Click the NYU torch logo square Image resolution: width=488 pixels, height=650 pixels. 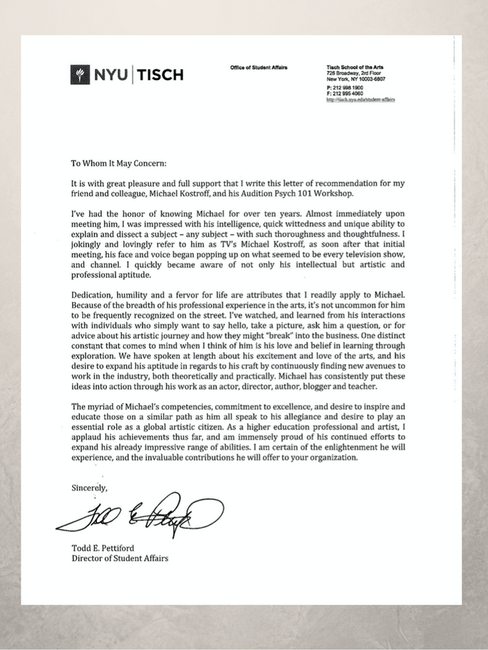pyautogui.click(x=79, y=74)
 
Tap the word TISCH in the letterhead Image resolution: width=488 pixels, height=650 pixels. pyautogui.click(x=159, y=74)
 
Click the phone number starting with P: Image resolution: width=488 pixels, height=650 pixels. pyautogui.click(x=344, y=88)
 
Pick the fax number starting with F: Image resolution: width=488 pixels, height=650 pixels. pyautogui.click(x=344, y=93)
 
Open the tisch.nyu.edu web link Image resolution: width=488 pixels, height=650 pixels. pyautogui.click(x=360, y=100)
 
